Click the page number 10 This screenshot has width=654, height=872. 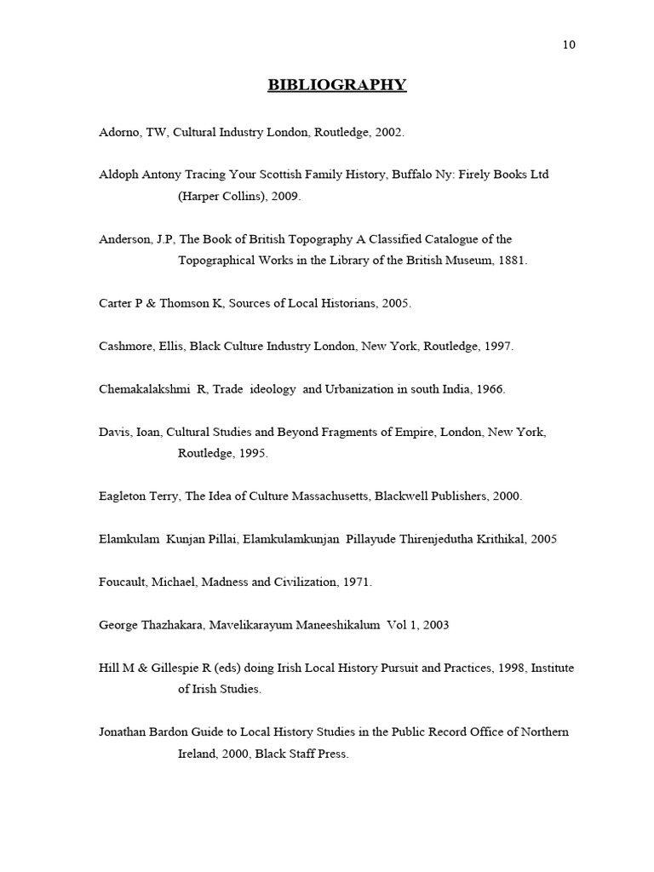click(569, 45)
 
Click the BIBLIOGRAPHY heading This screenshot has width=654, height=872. click(337, 84)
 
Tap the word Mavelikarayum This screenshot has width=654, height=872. click(239, 625)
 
